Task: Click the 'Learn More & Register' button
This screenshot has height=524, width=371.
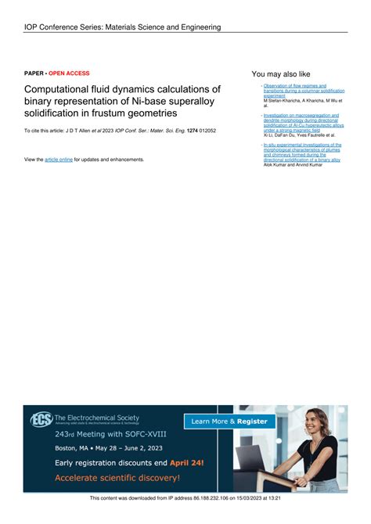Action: [x=229, y=422]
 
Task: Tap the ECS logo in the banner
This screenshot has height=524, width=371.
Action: [x=41, y=420]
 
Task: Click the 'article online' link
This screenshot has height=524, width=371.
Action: [x=58, y=160]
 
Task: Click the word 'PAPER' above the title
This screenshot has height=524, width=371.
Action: [x=34, y=73]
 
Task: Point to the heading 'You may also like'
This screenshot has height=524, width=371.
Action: [x=281, y=74]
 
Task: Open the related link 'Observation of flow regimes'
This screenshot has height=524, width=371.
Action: [x=295, y=85]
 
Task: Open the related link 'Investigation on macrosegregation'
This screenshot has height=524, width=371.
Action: [x=301, y=115]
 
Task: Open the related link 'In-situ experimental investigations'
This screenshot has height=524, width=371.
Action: [x=302, y=145]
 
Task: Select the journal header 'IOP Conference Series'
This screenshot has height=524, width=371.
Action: [x=67, y=27]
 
